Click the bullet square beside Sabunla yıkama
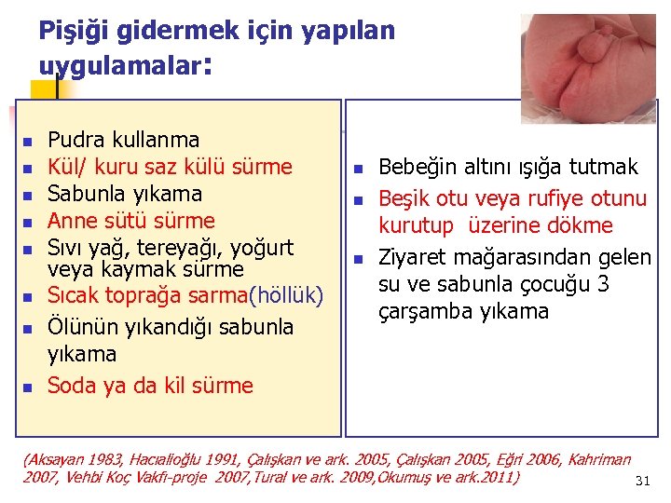pyautogui.click(x=27, y=196)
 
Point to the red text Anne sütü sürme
pyautogui.click(x=130, y=221)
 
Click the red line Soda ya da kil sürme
pyautogui.click(x=149, y=386)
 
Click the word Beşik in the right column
pyautogui.click(x=402, y=198)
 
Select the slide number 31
pyautogui.click(x=641, y=481)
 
